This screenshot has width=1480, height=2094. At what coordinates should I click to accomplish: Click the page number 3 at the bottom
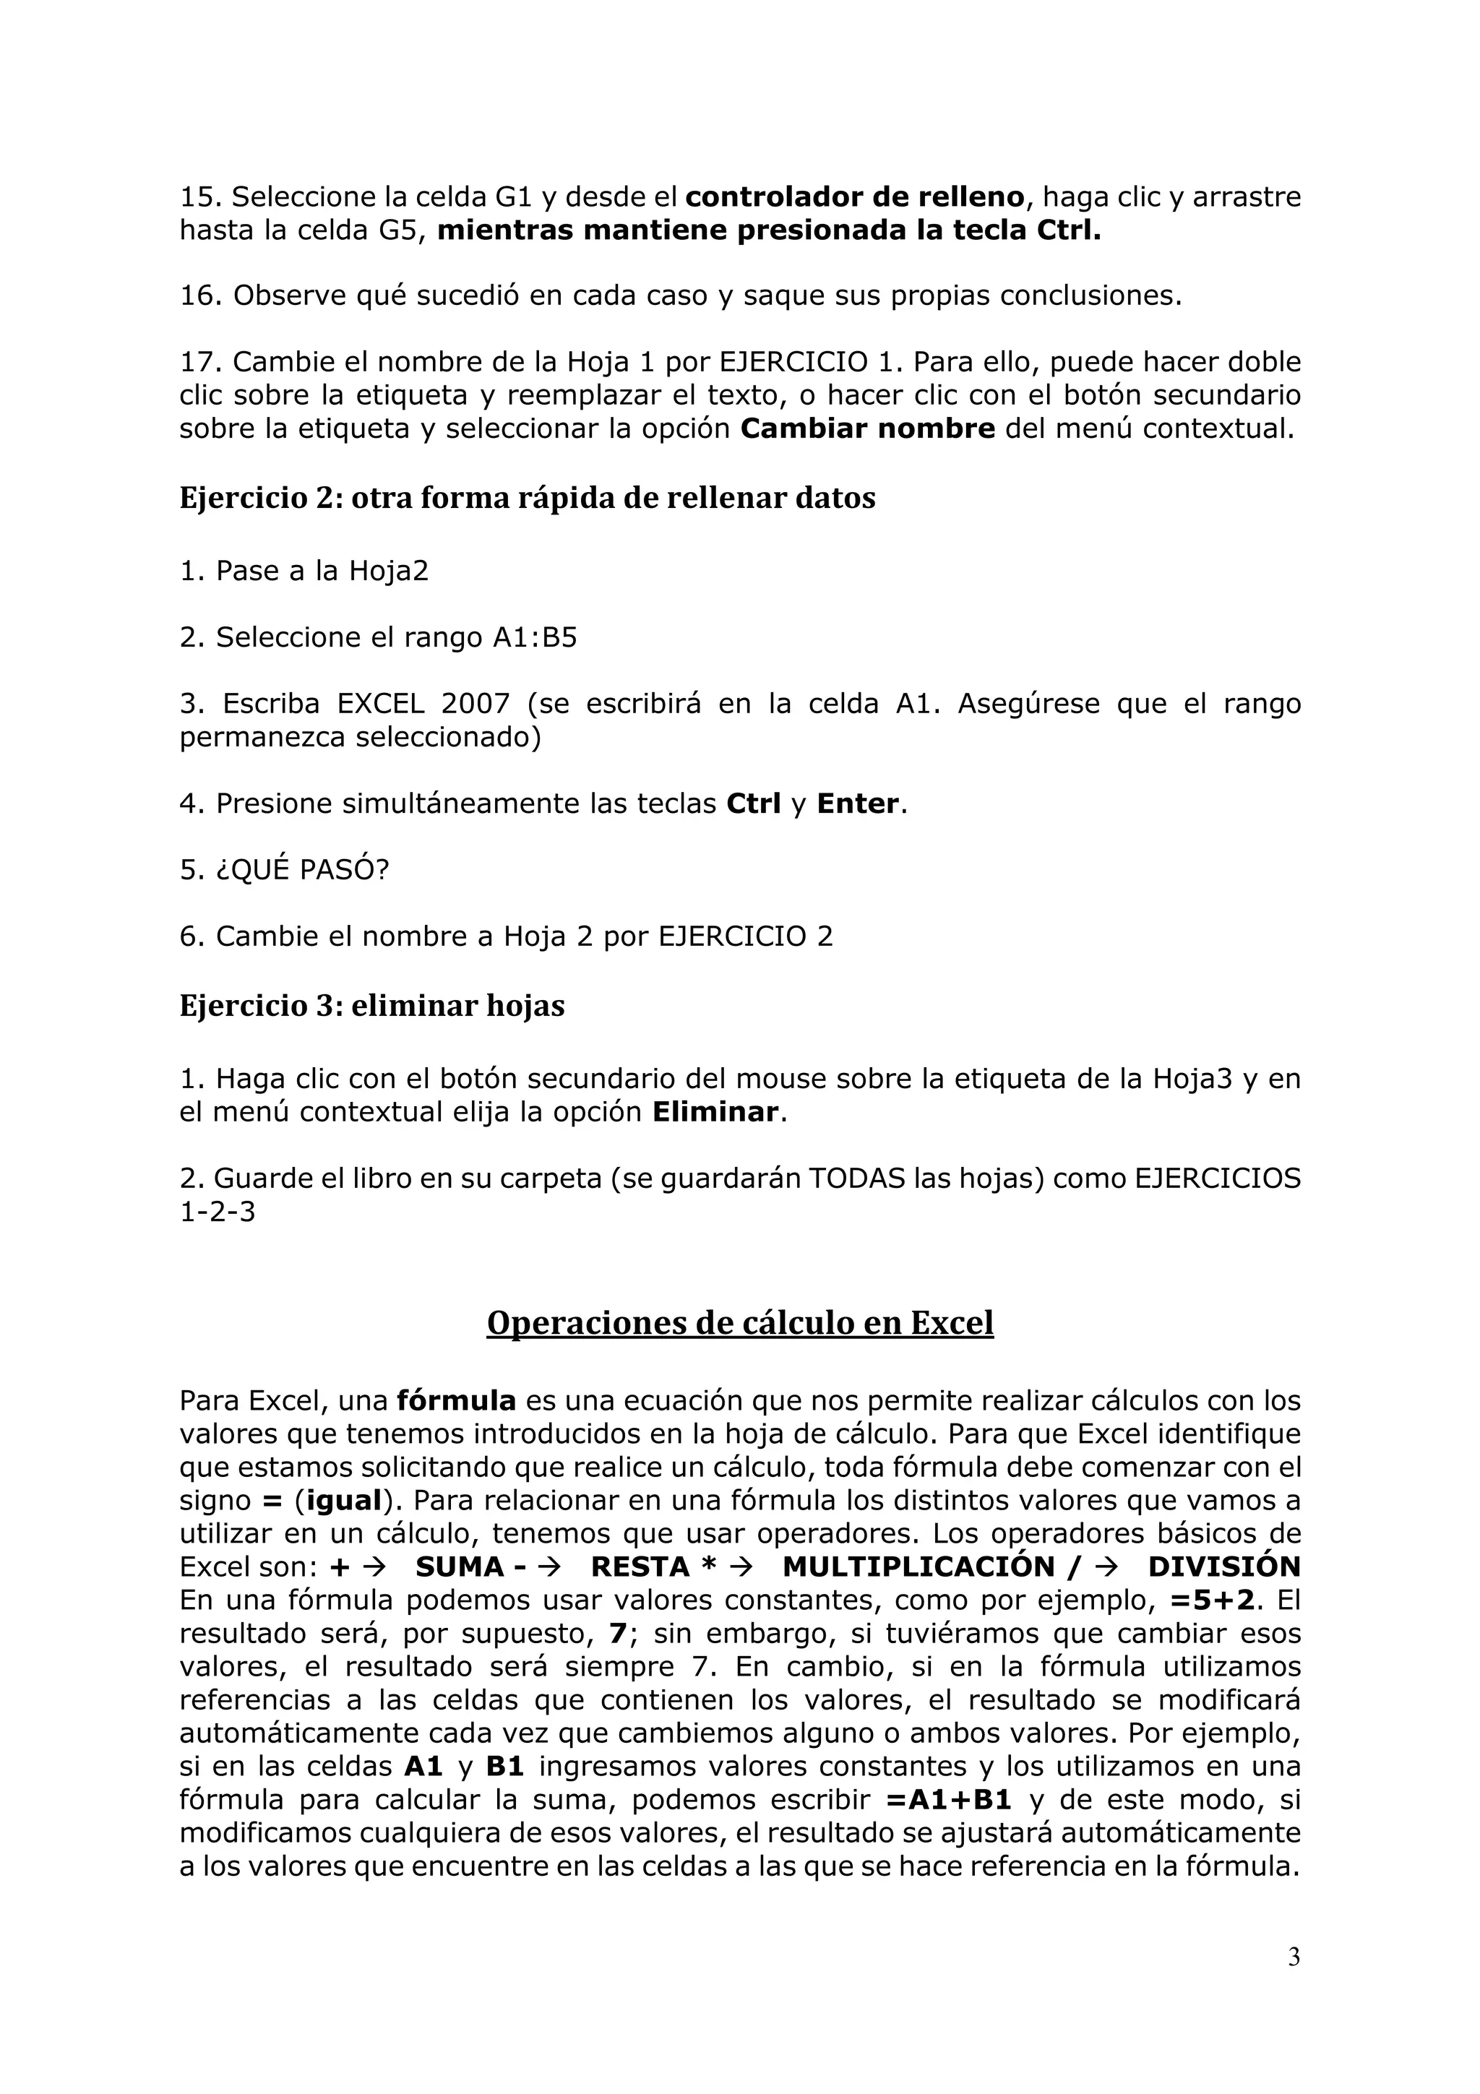1293,1957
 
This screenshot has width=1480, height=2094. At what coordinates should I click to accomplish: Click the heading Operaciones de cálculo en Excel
739,1322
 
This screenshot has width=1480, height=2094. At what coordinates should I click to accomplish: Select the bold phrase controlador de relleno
854,197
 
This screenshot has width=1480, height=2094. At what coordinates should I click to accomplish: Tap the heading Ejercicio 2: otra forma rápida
527,498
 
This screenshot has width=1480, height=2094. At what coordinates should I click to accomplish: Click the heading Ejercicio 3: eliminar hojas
372,1005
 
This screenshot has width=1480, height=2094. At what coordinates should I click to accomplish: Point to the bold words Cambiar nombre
867,428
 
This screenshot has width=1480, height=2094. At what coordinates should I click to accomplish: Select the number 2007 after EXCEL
475,703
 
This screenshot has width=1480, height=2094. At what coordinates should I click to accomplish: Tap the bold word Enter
857,803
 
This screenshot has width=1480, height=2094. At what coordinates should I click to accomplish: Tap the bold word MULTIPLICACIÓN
918,1566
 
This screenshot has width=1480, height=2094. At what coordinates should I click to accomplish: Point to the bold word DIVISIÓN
1223,1566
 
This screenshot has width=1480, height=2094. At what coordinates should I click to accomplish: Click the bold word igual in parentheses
345,1499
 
